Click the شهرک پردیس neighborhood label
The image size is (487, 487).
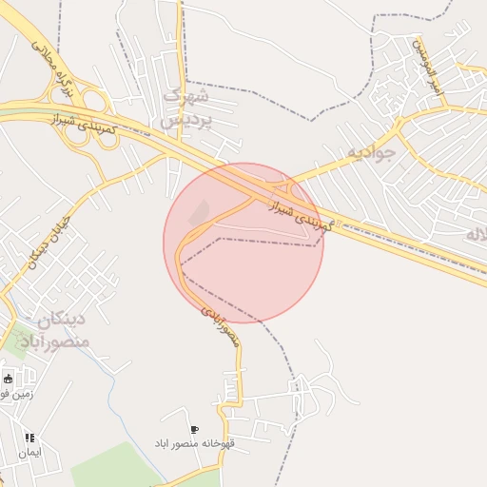tap(185, 107)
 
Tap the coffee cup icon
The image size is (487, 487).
tap(196, 430)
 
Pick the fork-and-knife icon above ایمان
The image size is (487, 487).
tap(29, 438)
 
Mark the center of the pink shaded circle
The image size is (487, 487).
tap(243, 243)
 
